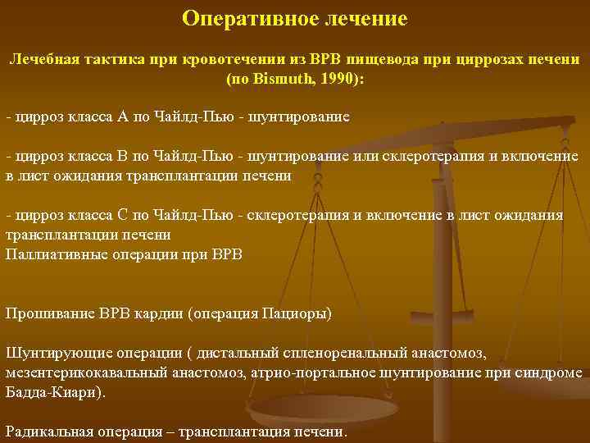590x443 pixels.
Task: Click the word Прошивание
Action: coord(50,313)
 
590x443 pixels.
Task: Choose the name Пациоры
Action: coord(294,313)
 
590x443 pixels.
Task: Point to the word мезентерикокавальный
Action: coord(86,372)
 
